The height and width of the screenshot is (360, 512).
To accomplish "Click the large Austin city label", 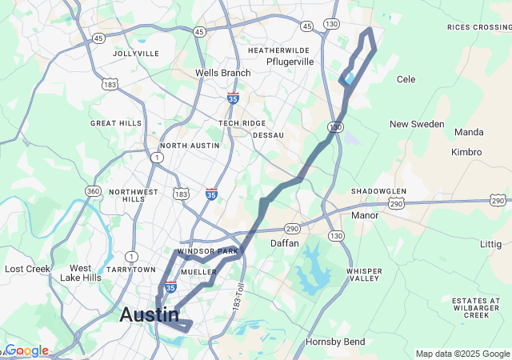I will click(149, 314).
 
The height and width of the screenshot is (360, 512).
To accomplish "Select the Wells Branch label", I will click(222, 73).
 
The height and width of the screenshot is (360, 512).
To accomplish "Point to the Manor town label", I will click(365, 215).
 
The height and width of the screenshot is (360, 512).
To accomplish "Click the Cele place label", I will click(406, 79).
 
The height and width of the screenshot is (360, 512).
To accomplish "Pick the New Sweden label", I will click(416, 124).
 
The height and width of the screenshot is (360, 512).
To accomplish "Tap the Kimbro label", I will click(466, 152).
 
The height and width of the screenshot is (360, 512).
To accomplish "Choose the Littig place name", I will click(490, 243).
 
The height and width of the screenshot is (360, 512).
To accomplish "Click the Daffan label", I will click(284, 242).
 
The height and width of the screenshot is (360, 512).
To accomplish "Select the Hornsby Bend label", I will click(335, 342).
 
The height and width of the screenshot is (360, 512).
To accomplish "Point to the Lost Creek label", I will click(27, 269).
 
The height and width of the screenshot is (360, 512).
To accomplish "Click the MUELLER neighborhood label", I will click(199, 272).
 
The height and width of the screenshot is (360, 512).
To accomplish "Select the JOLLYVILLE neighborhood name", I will click(136, 54).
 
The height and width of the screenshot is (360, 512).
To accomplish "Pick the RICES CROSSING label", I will click(479, 27).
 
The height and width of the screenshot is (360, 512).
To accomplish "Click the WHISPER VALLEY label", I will click(364, 274).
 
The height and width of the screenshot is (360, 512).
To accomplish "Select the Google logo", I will click(26, 350).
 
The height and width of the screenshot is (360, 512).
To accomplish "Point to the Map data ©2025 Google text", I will click(462, 354).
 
